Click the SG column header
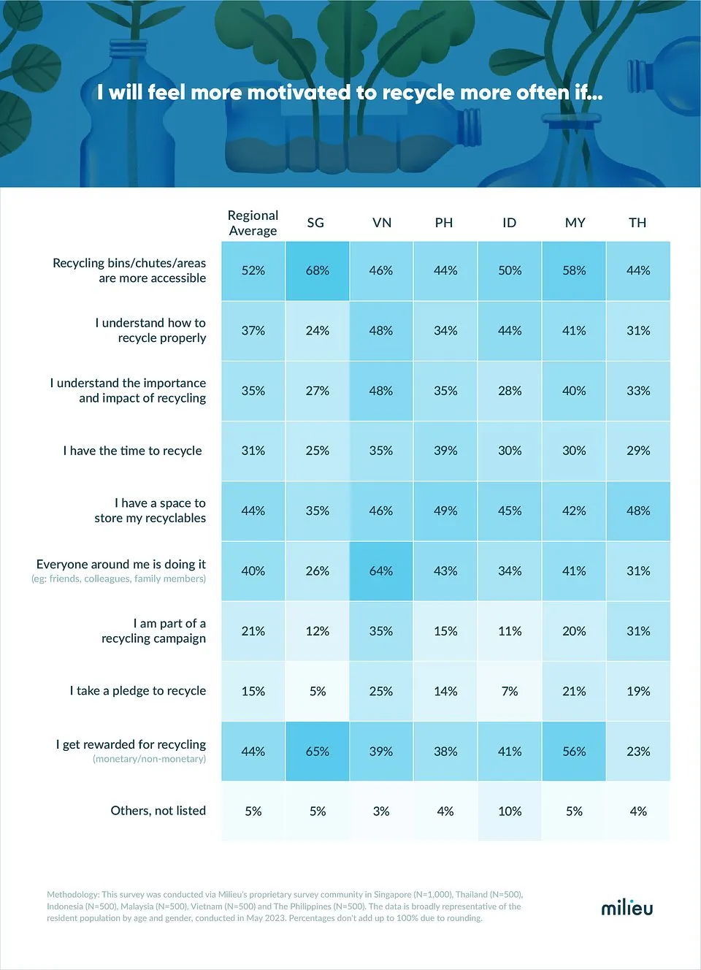point(315,223)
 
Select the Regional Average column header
point(253,223)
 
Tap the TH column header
point(637,223)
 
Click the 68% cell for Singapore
point(318,271)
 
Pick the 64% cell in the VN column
point(381,571)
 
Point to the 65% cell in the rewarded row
point(318,752)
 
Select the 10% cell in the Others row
point(510,811)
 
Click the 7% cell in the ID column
point(510,692)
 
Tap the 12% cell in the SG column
point(318,631)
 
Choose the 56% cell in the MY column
point(574,752)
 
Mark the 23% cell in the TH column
point(638,752)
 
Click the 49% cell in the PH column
point(445,511)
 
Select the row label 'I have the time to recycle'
point(132,451)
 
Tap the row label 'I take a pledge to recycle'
point(138,691)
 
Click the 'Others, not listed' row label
point(158,811)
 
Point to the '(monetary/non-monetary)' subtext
point(149,759)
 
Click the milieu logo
point(627,908)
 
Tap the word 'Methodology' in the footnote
point(72,894)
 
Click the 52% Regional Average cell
point(253,271)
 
